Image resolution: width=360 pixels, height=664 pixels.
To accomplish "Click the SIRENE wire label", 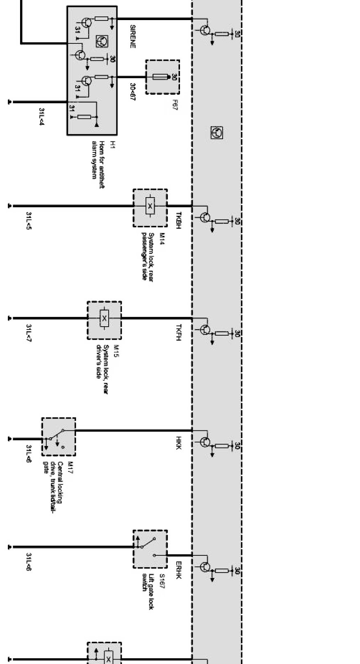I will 132,36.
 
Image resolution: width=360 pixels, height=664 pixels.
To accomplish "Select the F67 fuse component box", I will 162,77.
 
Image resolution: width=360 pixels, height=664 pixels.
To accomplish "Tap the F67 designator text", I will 175,105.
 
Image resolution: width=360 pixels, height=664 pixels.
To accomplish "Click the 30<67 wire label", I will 132,92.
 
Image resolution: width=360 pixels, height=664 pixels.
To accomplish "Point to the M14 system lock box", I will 150,208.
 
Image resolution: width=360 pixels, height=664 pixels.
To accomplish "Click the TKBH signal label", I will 178,220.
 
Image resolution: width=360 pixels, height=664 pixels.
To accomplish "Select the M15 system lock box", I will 104,320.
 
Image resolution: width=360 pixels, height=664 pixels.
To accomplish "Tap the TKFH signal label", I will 178,332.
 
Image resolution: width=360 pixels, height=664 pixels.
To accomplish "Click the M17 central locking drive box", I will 59,437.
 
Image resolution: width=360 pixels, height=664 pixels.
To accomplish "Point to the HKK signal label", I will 178,443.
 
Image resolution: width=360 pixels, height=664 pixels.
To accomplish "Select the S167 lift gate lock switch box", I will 150,549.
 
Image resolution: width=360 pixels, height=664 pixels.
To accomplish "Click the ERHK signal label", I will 178,570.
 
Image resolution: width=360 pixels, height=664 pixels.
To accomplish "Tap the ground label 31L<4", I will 41,117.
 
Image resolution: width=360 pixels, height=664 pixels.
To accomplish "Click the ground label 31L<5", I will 28,221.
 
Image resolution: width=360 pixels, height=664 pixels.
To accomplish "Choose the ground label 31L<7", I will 28,333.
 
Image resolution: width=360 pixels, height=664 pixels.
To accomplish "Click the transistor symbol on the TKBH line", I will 205,217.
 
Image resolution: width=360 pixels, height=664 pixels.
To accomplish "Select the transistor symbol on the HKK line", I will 205,442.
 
